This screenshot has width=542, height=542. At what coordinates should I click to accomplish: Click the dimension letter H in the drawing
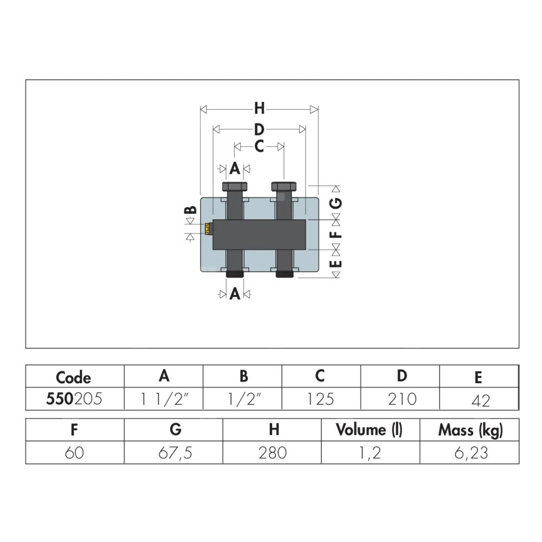(259, 108)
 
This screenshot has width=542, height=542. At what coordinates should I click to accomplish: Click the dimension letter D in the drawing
(259, 130)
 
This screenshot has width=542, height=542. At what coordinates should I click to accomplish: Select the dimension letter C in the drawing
(259, 146)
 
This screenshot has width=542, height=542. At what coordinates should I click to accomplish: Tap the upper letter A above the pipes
(235, 169)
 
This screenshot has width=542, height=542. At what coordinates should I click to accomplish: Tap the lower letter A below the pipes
(235, 294)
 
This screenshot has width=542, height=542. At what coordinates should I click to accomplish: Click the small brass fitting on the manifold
(208, 229)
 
